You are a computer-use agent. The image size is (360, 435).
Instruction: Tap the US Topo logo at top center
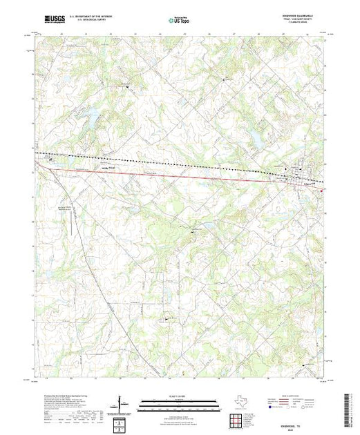tap(180, 21)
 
